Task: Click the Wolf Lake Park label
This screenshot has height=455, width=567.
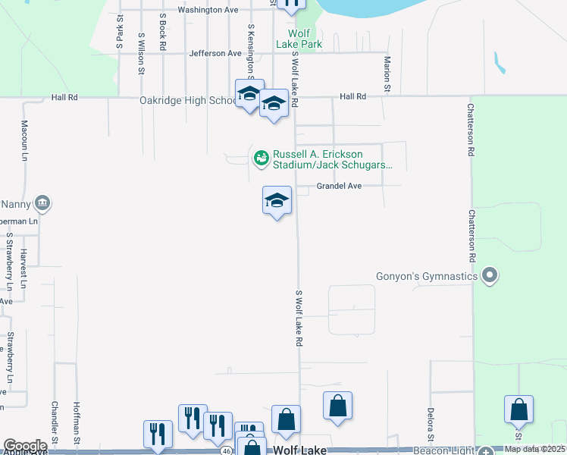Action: [x=305, y=39]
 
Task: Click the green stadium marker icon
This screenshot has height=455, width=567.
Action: [x=261, y=158]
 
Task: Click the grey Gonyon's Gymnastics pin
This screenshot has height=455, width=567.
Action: [x=490, y=275]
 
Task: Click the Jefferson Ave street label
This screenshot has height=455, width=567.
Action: [x=215, y=54]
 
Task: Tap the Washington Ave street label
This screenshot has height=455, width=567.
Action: [x=208, y=10]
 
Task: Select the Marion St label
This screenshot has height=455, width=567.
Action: [x=387, y=74]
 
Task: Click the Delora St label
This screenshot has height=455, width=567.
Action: [x=430, y=425]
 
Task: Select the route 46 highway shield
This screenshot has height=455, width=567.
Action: [x=227, y=450]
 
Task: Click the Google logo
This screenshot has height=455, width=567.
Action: [x=25, y=446]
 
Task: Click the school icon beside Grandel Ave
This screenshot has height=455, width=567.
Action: [x=277, y=201]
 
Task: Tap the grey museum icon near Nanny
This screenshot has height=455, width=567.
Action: [x=42, y=202]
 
